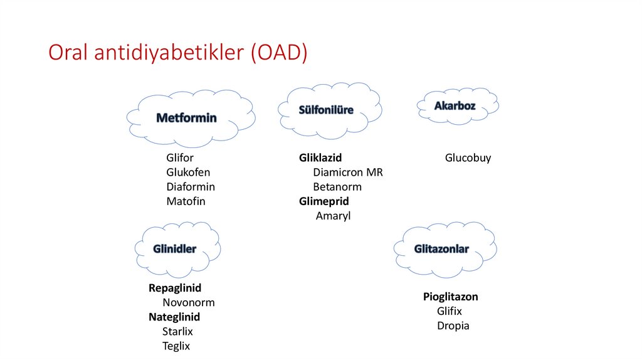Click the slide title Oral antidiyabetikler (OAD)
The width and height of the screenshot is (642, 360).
(178, 53)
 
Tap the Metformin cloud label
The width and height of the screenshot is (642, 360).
(186, 118)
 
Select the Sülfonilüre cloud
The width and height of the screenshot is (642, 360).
(326, 110)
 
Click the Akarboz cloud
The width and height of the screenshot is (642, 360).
(455, 106)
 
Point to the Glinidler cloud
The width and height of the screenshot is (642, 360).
(175, 249)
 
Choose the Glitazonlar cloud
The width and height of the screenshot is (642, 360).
(441, 249)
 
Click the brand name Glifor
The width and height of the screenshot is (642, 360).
(180, 158)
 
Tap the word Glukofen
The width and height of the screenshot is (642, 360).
(188, 172)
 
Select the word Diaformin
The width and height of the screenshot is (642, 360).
(191, 187)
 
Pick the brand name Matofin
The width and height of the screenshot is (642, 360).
(186, 201)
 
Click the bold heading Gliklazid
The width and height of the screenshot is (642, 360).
(320, 158)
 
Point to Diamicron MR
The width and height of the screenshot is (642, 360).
(348, 172)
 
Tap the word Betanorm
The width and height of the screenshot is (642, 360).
(337, 187)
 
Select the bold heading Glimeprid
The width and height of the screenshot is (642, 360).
(324, 201)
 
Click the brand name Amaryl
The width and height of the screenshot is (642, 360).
(333, 216)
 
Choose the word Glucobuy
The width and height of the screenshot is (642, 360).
(468, 158)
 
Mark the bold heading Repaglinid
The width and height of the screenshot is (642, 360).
(175, 289)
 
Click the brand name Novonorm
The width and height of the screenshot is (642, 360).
(188, 303)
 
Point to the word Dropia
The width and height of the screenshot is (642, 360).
(453, 326)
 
